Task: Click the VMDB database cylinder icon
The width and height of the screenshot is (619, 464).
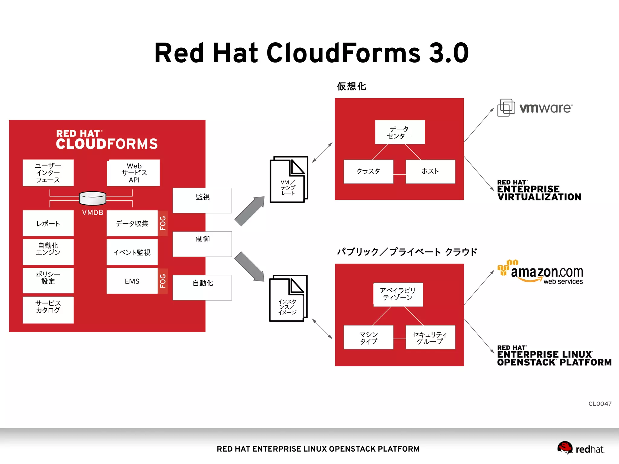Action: pos(92,198)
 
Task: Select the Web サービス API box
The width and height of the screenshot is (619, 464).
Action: pos(134,173)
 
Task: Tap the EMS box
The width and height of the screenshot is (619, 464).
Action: pos(132,281)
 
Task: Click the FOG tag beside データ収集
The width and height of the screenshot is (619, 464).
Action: pos(163,223)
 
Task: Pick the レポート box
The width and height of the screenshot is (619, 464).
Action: pos(48,223)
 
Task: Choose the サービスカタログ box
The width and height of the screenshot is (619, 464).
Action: pos(48,310)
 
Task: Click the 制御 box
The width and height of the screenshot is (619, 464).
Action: pos(202,244)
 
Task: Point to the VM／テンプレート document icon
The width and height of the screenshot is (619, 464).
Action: pos(289,180)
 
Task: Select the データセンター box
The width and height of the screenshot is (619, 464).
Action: pos(400,132)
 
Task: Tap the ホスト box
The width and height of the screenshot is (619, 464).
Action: pos(430,171)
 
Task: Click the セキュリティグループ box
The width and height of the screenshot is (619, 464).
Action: pos(430,337)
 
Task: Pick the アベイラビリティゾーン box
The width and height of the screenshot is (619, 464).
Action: pos(398,294)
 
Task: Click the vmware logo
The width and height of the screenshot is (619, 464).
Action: pos(535,108)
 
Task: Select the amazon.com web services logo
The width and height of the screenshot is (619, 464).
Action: pos(540,272)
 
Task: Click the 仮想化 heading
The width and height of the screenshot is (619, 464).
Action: pos(352,86)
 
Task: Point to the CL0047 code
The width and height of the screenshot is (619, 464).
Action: pos(600,404)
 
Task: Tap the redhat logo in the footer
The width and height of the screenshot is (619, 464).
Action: pos(581,449)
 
